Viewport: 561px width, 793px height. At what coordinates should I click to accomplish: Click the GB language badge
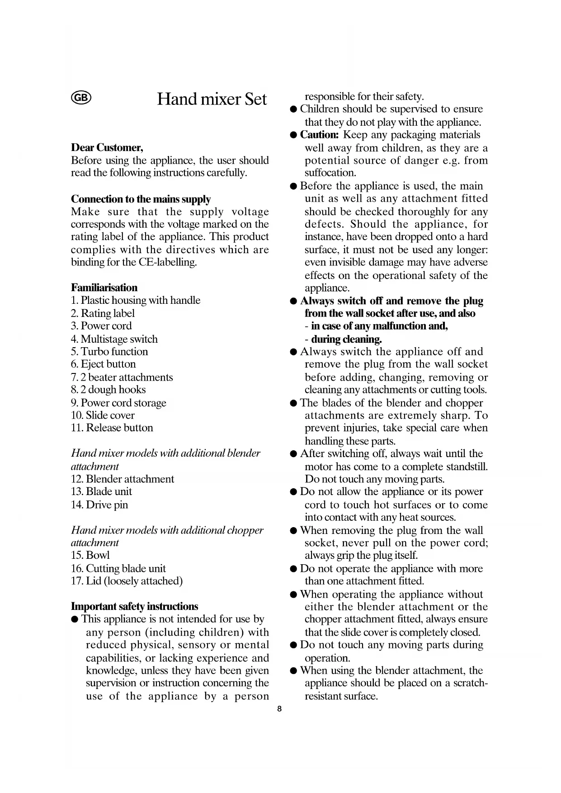click(x=81, y=98)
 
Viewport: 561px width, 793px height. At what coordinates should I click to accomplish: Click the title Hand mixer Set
click(x=212, y=99)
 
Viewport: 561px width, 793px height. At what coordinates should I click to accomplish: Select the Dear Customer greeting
click(x=107, y=148)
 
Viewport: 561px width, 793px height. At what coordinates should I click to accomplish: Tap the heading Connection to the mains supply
click(x=141, y=199)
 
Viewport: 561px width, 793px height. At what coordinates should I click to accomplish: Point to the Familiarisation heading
click(x=104, y=288)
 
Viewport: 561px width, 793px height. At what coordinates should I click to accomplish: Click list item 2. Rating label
click(x=103, y=313)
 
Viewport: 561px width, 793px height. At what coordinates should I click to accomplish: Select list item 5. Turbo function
click(x=109, y=352)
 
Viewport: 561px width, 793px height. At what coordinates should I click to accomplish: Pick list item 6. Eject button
click(x=103, y=364)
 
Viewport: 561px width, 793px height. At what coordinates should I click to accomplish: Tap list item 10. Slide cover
click(x=103, y=415)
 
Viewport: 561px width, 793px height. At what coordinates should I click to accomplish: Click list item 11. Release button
click(x=112, y=428)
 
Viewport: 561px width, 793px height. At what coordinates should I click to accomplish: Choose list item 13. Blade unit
click(x=101, y=492)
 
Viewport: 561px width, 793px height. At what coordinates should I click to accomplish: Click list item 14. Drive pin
click(x=99, y=505)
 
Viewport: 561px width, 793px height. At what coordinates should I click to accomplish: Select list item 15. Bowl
click(x=90, y=556)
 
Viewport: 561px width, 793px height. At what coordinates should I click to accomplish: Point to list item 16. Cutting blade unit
click(x=118, y=569)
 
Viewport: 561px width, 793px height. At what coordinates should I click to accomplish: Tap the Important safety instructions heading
click(x=134, y=607)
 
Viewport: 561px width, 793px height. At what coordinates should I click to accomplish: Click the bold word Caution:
click(x=319, y=135)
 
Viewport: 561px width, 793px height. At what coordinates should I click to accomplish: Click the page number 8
click(x=279, y=709)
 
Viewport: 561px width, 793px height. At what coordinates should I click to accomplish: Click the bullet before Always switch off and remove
click(x=293, y=302)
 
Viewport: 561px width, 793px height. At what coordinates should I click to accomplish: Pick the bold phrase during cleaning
click(x=346, y=340)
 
